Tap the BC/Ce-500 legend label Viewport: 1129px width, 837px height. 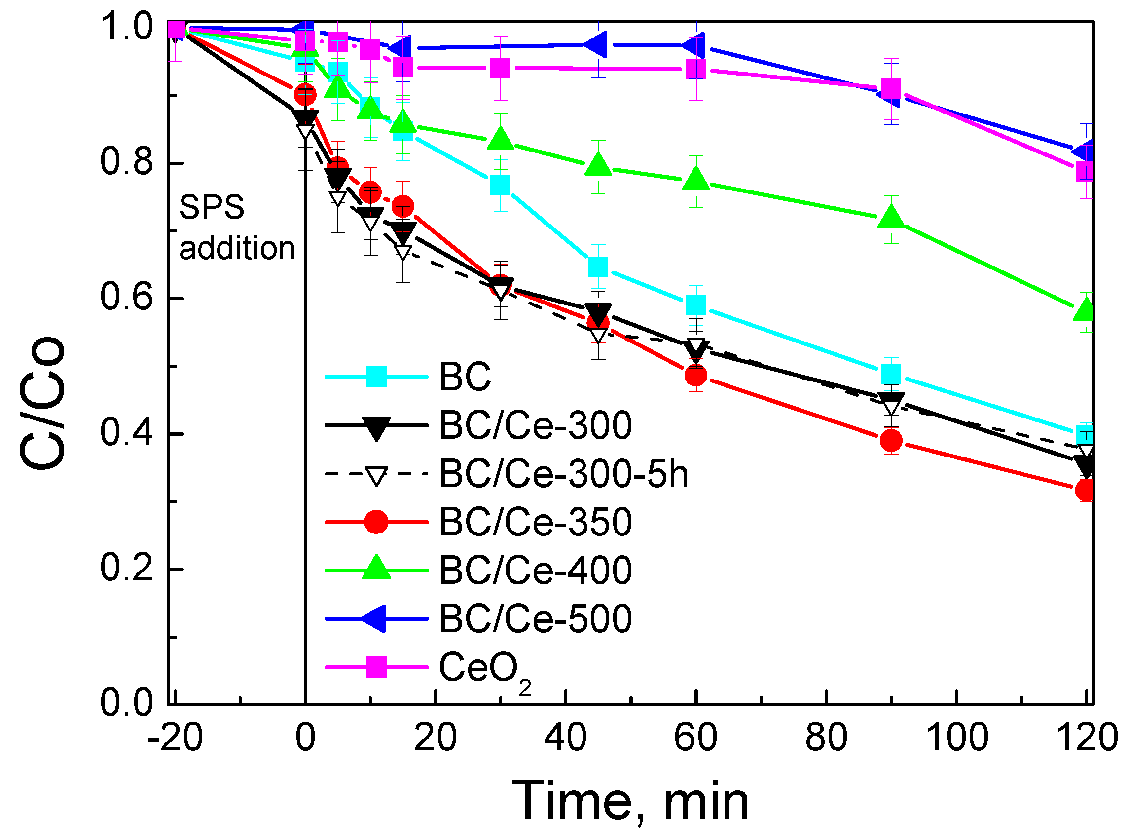pos(535,619)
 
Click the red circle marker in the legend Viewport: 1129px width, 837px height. pos(376,522)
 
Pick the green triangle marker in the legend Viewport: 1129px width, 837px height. pos(376,569)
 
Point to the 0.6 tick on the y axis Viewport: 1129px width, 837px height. pos(126,298)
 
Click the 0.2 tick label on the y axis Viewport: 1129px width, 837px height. pos(126,569)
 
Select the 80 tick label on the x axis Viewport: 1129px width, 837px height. pos(826,738)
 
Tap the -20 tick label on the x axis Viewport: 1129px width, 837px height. pos(175,738)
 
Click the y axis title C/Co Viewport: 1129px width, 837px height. pos(42,403)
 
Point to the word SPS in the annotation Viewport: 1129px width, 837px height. pos(212,207)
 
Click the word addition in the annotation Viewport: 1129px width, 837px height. pos(237,249)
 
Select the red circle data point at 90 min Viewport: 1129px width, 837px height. pos(891,441)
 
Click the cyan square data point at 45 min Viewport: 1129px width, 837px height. pos(598,266)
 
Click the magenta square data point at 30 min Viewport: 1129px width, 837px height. pos(500,68)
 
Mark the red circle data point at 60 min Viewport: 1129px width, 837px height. pos(695,376)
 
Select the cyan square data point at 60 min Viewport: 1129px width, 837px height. pos(695,305)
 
